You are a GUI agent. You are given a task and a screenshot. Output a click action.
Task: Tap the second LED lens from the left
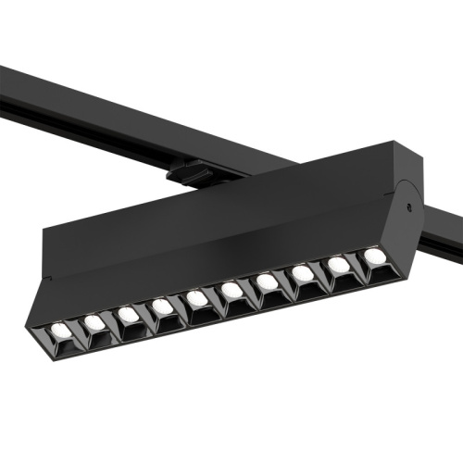tap(94, 322)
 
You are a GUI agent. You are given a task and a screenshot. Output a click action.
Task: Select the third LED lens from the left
tap(129, 315)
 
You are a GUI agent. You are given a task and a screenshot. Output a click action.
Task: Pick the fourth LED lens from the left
tap(163, 306)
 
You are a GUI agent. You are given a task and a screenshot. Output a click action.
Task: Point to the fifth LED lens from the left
tap(197, 298)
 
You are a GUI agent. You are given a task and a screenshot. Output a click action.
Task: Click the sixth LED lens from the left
tap(231, 291)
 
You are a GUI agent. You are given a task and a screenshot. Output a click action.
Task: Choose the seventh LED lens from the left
tap(267, 282)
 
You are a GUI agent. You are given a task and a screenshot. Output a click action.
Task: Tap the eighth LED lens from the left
tap(302, 273)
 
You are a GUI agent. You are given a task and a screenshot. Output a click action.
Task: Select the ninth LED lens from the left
tap(338, 265)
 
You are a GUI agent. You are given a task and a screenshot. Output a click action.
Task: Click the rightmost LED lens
tap(373, 255)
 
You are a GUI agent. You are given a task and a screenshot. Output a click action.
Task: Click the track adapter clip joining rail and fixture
tap(190, 172)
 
